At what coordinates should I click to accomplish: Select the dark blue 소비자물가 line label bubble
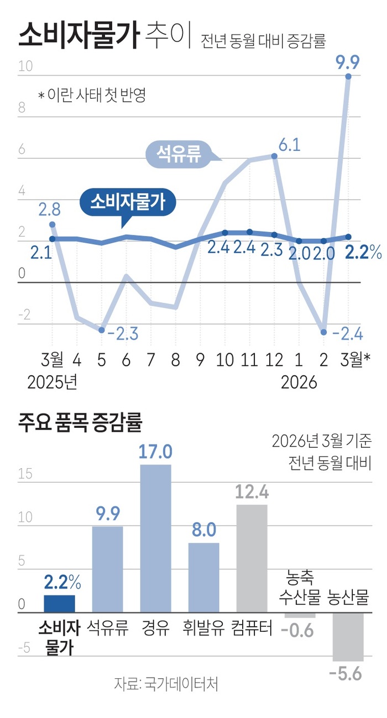(127, 201)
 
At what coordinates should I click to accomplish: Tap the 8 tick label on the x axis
(176, 361)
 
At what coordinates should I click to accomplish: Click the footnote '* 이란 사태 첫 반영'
(92, 95)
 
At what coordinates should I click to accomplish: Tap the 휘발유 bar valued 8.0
(203, 577)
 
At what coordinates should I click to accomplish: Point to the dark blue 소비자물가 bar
(59, 604)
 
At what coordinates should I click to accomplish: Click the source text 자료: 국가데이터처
(166, 684)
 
